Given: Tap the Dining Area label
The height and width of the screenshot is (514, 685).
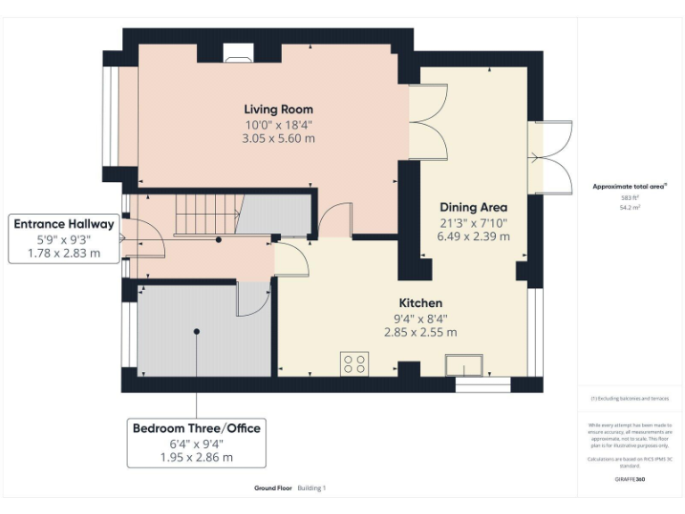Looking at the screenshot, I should [x=474, y=207].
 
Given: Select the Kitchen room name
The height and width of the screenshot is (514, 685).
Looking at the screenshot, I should [x=420, y=303].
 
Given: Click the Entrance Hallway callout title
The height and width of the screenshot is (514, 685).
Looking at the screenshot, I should [x=64, y=224].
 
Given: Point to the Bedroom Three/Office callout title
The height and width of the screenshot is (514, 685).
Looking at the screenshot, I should [x=196, y=428].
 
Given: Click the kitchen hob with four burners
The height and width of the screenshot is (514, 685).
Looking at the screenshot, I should [x=354, y=364].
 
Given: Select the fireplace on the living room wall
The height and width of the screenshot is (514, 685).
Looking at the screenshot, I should [x=238, y=60].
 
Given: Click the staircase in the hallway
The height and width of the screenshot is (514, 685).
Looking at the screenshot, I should [x=204, y=217].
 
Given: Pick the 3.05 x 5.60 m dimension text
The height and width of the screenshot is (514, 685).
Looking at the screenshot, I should [x=278, y=138].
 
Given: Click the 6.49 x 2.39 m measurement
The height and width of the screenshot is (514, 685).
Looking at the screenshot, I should [x=474, y=236].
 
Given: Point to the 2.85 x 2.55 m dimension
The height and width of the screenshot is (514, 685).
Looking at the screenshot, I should [x=420, y=332].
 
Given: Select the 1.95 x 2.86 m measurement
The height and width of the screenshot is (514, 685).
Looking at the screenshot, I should [x=196, y=457].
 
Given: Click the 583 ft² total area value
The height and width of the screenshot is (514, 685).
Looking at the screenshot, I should [x=630, y=197].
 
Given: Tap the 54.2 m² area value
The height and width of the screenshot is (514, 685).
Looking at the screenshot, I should [x=630, y=206].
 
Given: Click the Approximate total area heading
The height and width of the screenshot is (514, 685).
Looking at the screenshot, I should [x=630, y=187].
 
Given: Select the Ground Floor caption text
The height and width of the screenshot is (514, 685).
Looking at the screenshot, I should [x=271, y=488].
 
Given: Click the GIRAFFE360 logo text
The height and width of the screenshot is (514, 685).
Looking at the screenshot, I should [x=630, y=479].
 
